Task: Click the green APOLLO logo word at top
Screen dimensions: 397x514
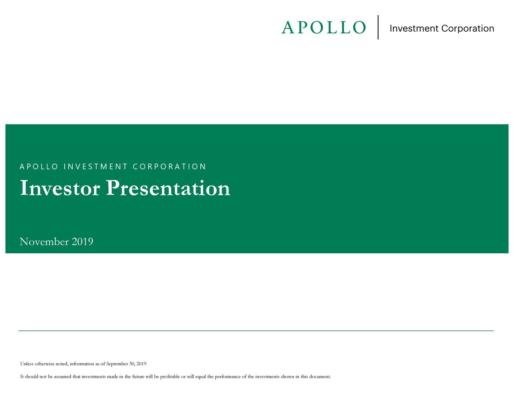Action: click(324, 28)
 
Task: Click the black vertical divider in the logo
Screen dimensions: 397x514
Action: click(378, 27)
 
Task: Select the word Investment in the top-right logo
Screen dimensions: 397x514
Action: click(414, 29)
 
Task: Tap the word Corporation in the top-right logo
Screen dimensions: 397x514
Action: click(467, 29)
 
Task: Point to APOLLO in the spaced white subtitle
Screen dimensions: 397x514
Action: click(39, 167)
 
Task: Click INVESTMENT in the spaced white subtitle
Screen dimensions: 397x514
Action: click(95, 167)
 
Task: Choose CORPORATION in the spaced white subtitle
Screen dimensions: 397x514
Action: click(169, 167)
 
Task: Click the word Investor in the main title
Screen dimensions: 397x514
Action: click(60, 188)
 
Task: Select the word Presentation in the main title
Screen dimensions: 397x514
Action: click(168, 188)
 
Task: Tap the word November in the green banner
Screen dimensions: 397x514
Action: click(44, 242)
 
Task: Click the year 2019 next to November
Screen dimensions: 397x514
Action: click(82, 242)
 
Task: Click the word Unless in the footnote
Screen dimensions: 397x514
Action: click(27, 364)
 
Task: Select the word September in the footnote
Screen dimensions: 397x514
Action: click(117, 364)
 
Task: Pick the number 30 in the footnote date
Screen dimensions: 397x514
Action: click(132, 364)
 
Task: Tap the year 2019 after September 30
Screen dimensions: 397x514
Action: click(141, 364)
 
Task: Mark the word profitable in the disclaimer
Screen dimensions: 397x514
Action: click(170, 377)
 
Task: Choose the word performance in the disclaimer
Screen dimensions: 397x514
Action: click(228, 377)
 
